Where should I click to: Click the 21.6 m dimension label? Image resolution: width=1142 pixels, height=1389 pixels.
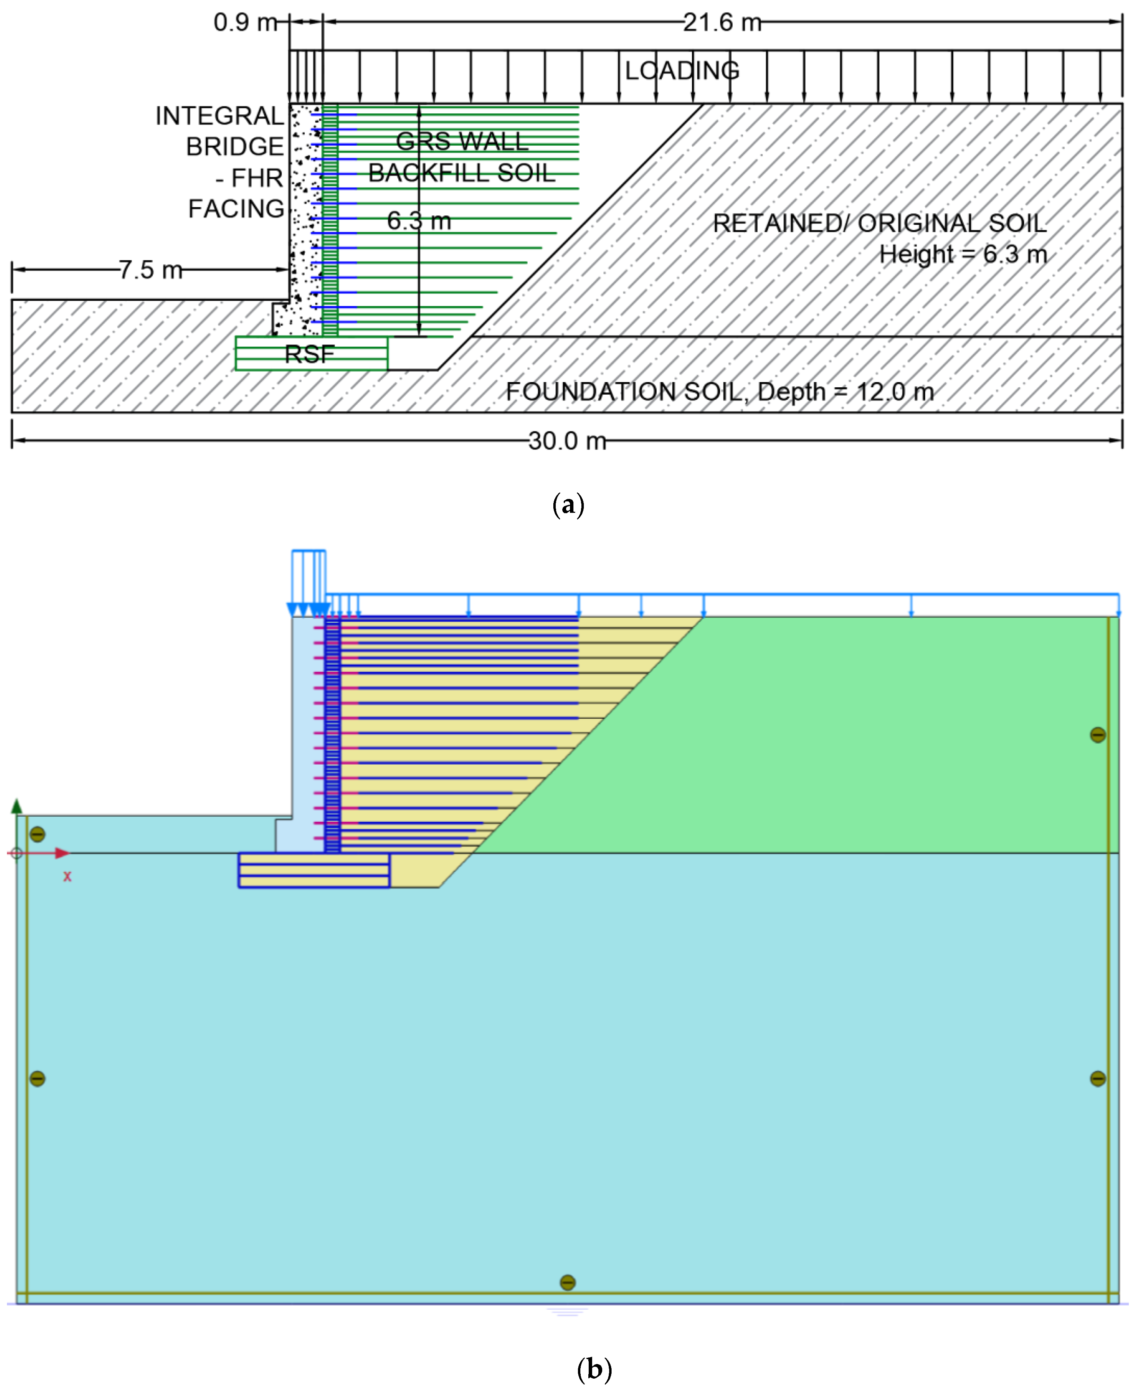pyautogui.click(x=722, y=23)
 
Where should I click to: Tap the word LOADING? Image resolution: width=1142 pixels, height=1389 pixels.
pyautogui.click(x=682, y=70)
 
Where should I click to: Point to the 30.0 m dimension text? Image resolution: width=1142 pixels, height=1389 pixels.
pyautogui.click(x=567, y=440)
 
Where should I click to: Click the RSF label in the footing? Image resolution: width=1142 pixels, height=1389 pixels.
pyautogui.click(x=309, y=355)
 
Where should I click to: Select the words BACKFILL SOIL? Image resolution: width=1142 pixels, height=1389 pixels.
pyautogui.click(x=462, y=173)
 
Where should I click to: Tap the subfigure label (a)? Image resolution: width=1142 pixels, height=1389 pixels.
pyautogui.click(x=568, y=505)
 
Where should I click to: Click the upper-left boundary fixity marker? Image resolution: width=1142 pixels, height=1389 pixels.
pyautogui.click(x=37, y=834)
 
